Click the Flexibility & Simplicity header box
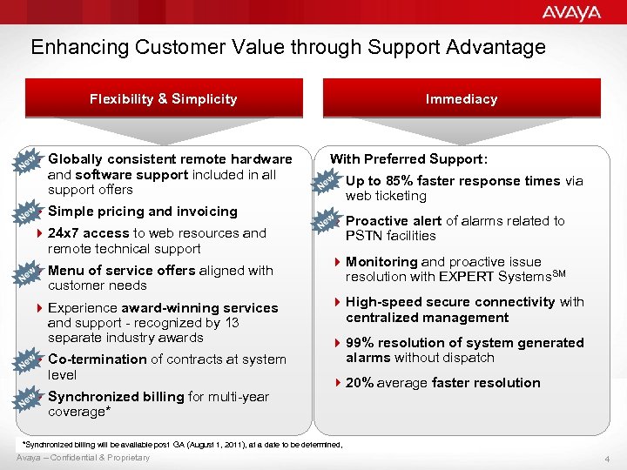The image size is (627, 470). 163,99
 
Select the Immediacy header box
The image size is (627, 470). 462,99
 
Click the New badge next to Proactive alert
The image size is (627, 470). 326,223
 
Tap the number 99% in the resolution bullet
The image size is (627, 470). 361,343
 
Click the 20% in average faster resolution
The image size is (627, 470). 361,383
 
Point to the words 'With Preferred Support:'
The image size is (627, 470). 408,159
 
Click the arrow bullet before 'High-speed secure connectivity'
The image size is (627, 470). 338,303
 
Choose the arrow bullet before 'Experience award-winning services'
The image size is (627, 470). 40,308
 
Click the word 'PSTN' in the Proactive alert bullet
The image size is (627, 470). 363,236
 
